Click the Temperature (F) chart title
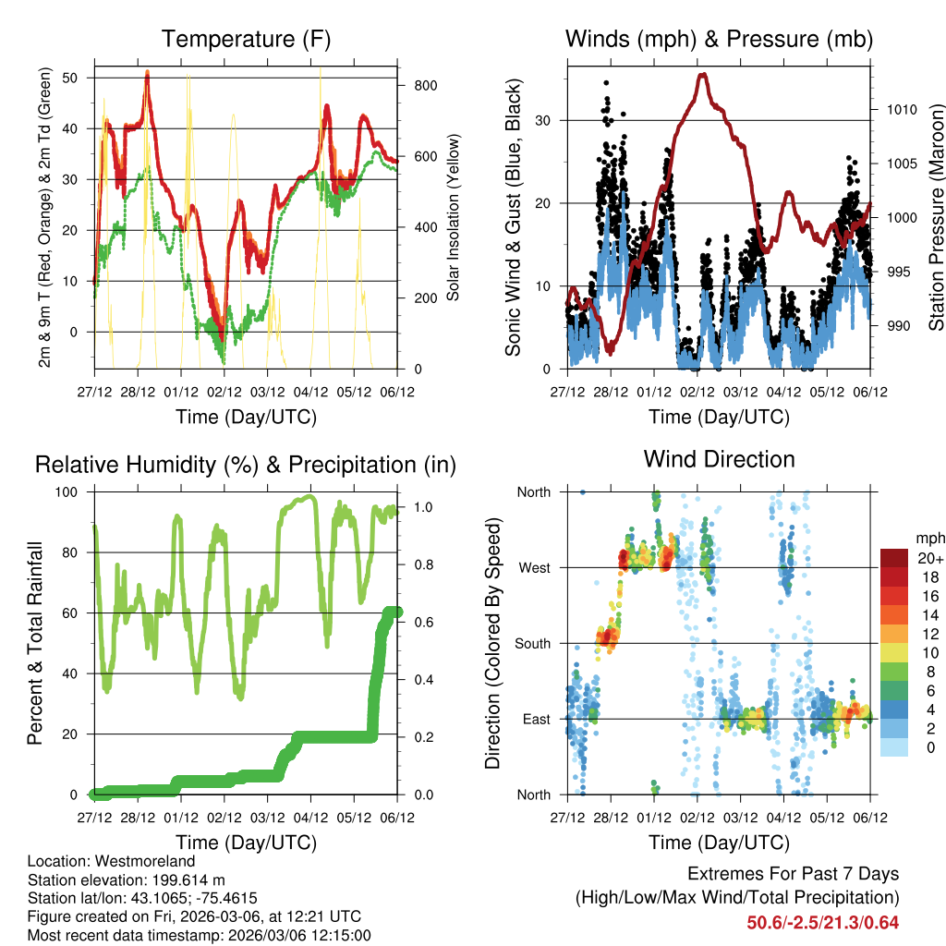pyautogui.click(x=246, y=39)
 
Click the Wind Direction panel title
pyautogui.click(x=719, y=459)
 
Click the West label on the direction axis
pyautogui.click(x=534, y=568)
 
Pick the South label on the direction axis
pyautogui.click(x=532, y=644)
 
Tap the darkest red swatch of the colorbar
pyautogui.click(x=893, y=558)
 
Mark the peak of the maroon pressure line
pyautogui.click(x=703, y=75)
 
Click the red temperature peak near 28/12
pyautogui.click(x=147, y=73)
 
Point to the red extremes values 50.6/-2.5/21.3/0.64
pyautogui.click(x=822, y=922)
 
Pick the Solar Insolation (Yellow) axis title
pyautogui.click(x=453, y=218)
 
